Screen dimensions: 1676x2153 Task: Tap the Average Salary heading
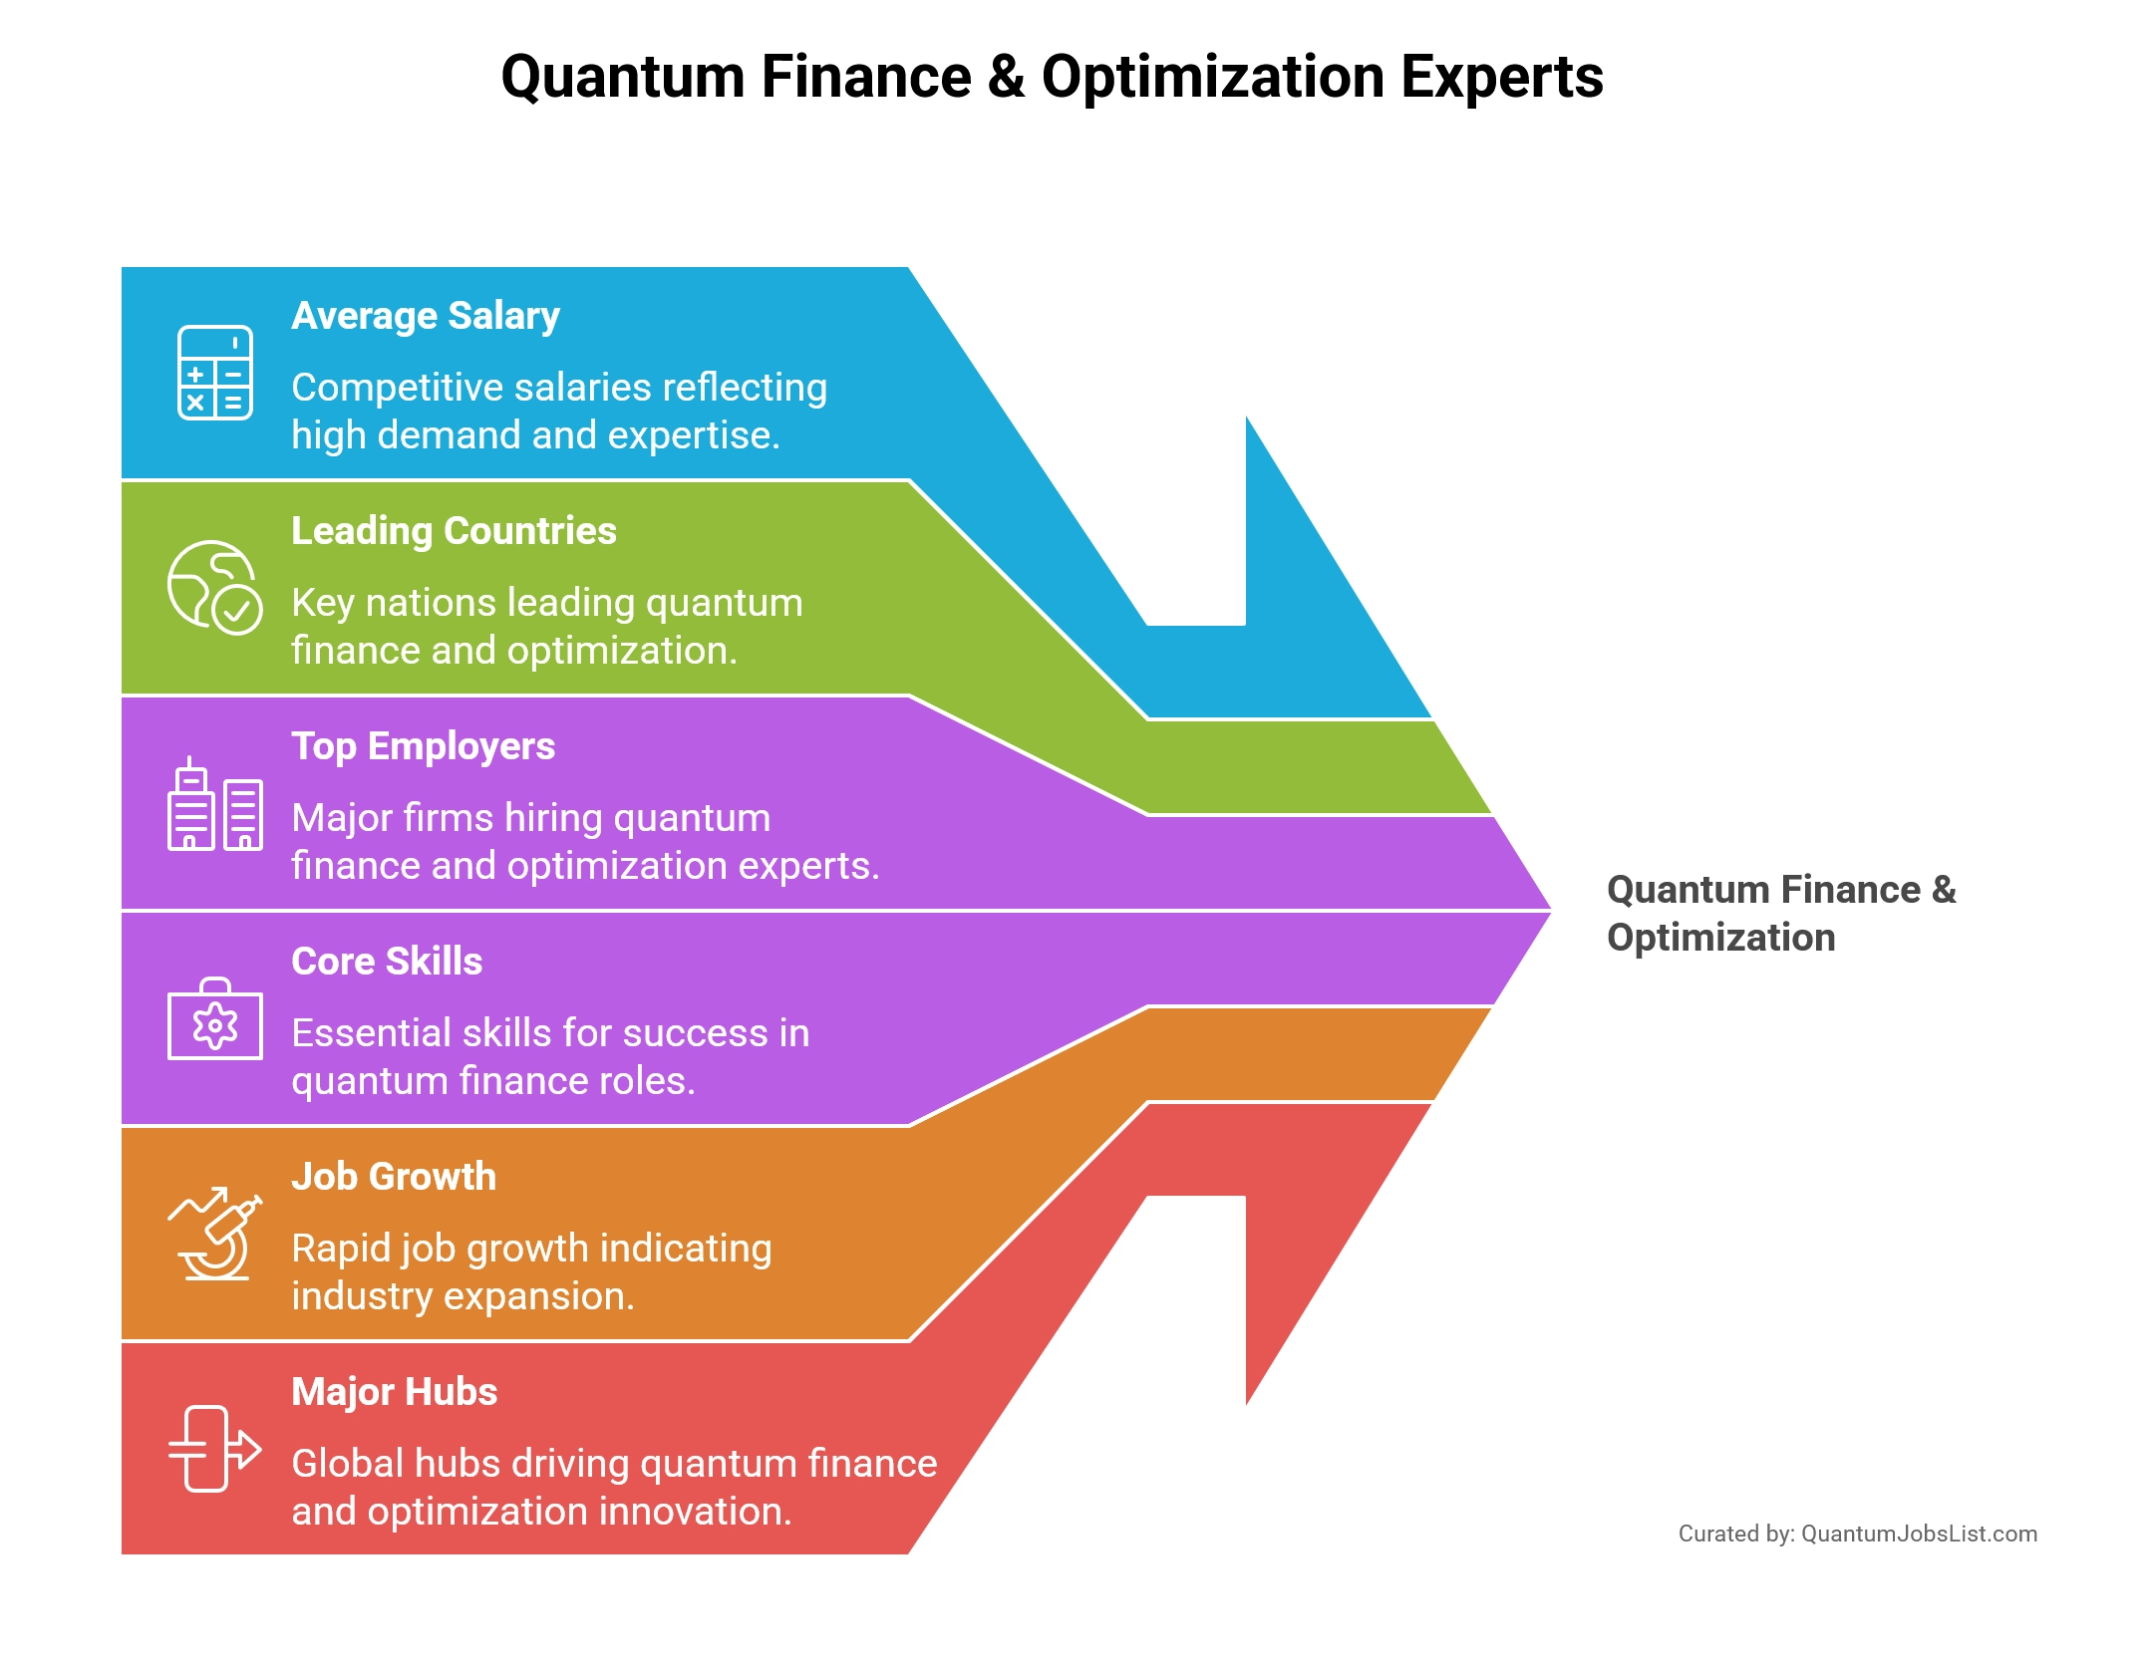pyautogui.click(x=426, y=316)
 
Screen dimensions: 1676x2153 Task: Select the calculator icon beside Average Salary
pyautogui.click(x=214, y=373)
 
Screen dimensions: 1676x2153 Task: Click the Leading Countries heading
pyautogui.click(x=454, y=531)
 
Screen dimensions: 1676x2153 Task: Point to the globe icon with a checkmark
pyautogui.click(x=214, y=588)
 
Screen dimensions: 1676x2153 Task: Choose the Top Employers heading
pyautogui.click(x=423, y=746)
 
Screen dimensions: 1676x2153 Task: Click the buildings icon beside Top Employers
pyautogui.click(x=214, y=805)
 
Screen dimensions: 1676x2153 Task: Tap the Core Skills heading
pyautogui.click(x=387, y=962)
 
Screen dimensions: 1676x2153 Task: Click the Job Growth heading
pyautogui.click(x=394, y=1177)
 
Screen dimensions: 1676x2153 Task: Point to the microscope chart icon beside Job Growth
pyautogui.click(x=214, y=1234)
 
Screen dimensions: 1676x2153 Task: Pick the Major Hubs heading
pyautogui.click(x=394, y=1392)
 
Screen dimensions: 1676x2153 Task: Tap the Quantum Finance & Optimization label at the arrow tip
pyautogui.click(x=1780, y=913)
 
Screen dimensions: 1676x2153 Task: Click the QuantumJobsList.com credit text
pyautogui.click(x=1919, y=1534)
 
